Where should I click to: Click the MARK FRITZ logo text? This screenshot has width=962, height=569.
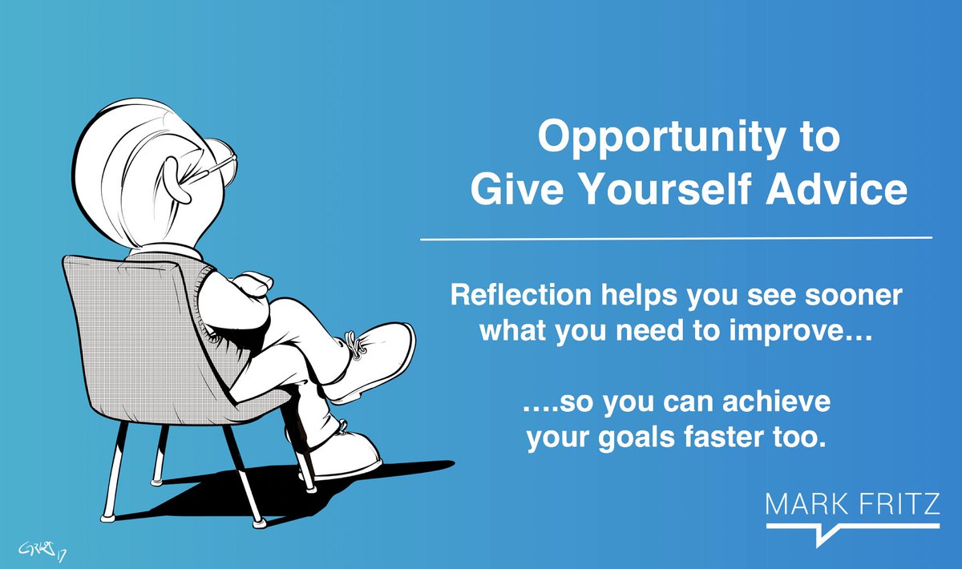pyautogui.click(x=851, y=505)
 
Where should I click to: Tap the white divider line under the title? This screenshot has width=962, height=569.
pyautogui.click(x=676, y=238)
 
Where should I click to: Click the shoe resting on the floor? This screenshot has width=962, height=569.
pyautogui.click(x=345, y=457)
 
